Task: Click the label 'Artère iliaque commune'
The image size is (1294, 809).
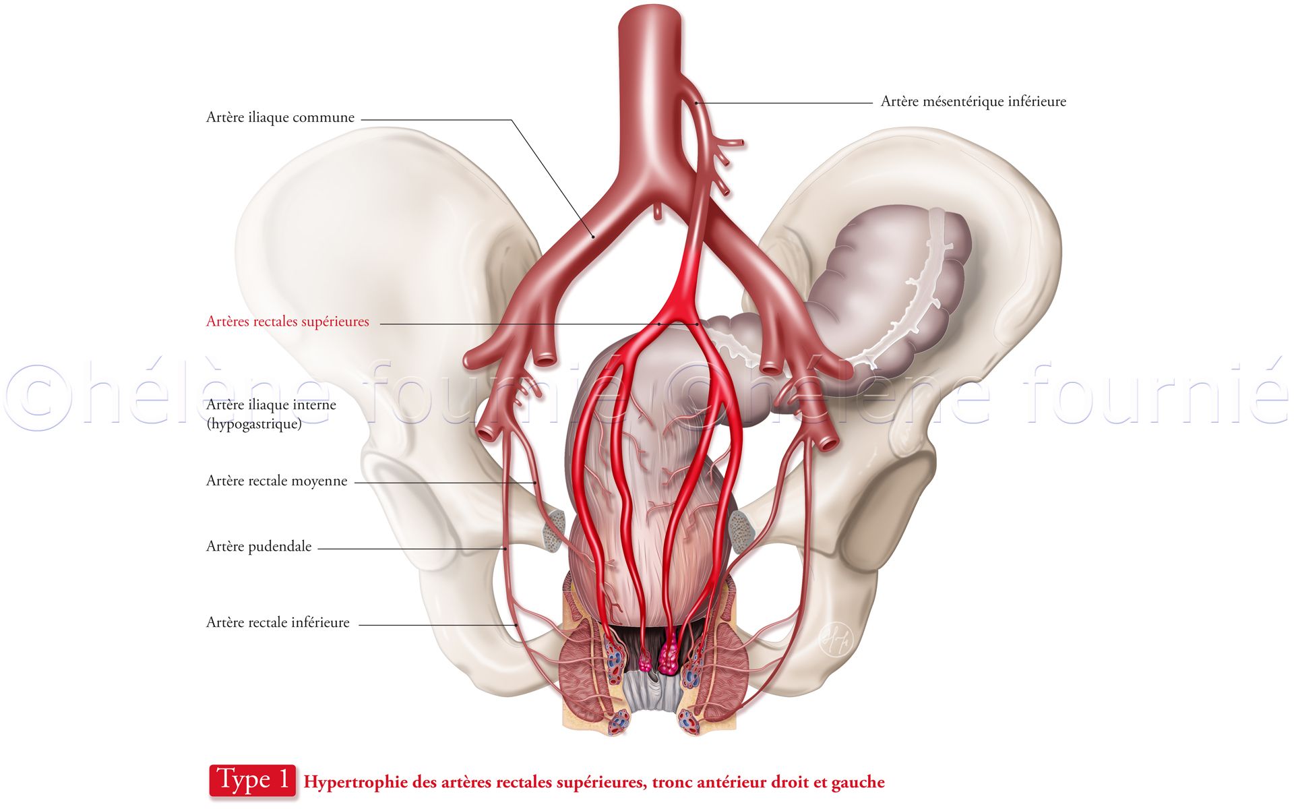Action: tap(280, 117)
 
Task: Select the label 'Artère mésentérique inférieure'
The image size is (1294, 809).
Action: tap(973, 102)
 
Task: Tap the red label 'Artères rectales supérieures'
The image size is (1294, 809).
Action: tap(288, 322)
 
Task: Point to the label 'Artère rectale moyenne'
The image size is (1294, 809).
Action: tap(277, 481)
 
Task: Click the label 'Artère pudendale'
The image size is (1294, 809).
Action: tap(259, 547)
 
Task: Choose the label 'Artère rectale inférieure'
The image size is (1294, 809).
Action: tap(278, 623)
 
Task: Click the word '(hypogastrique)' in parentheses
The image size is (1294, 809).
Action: tap(254, 424)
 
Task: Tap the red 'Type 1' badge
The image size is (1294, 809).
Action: tap(253, 781)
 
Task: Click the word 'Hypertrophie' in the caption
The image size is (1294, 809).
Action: tap(356, 783)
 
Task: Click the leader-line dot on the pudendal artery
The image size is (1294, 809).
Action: tap(505, 549)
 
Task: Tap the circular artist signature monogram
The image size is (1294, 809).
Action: tap(836, 638)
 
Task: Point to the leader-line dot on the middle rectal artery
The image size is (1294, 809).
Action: tap(536, 483)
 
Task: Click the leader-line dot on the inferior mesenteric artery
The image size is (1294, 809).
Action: tap(696, 103)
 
